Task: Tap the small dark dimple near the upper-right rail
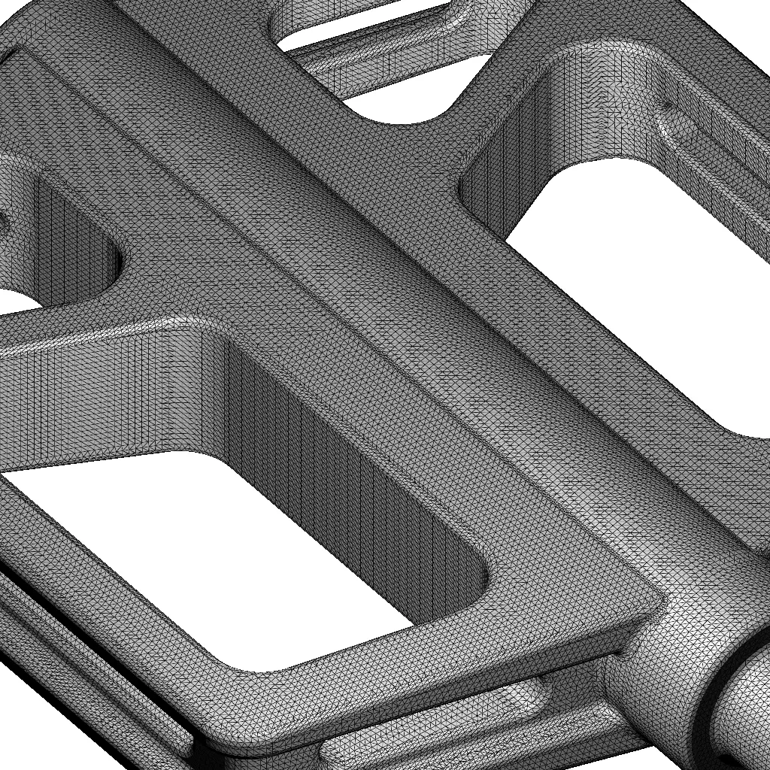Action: click(665, 106)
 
